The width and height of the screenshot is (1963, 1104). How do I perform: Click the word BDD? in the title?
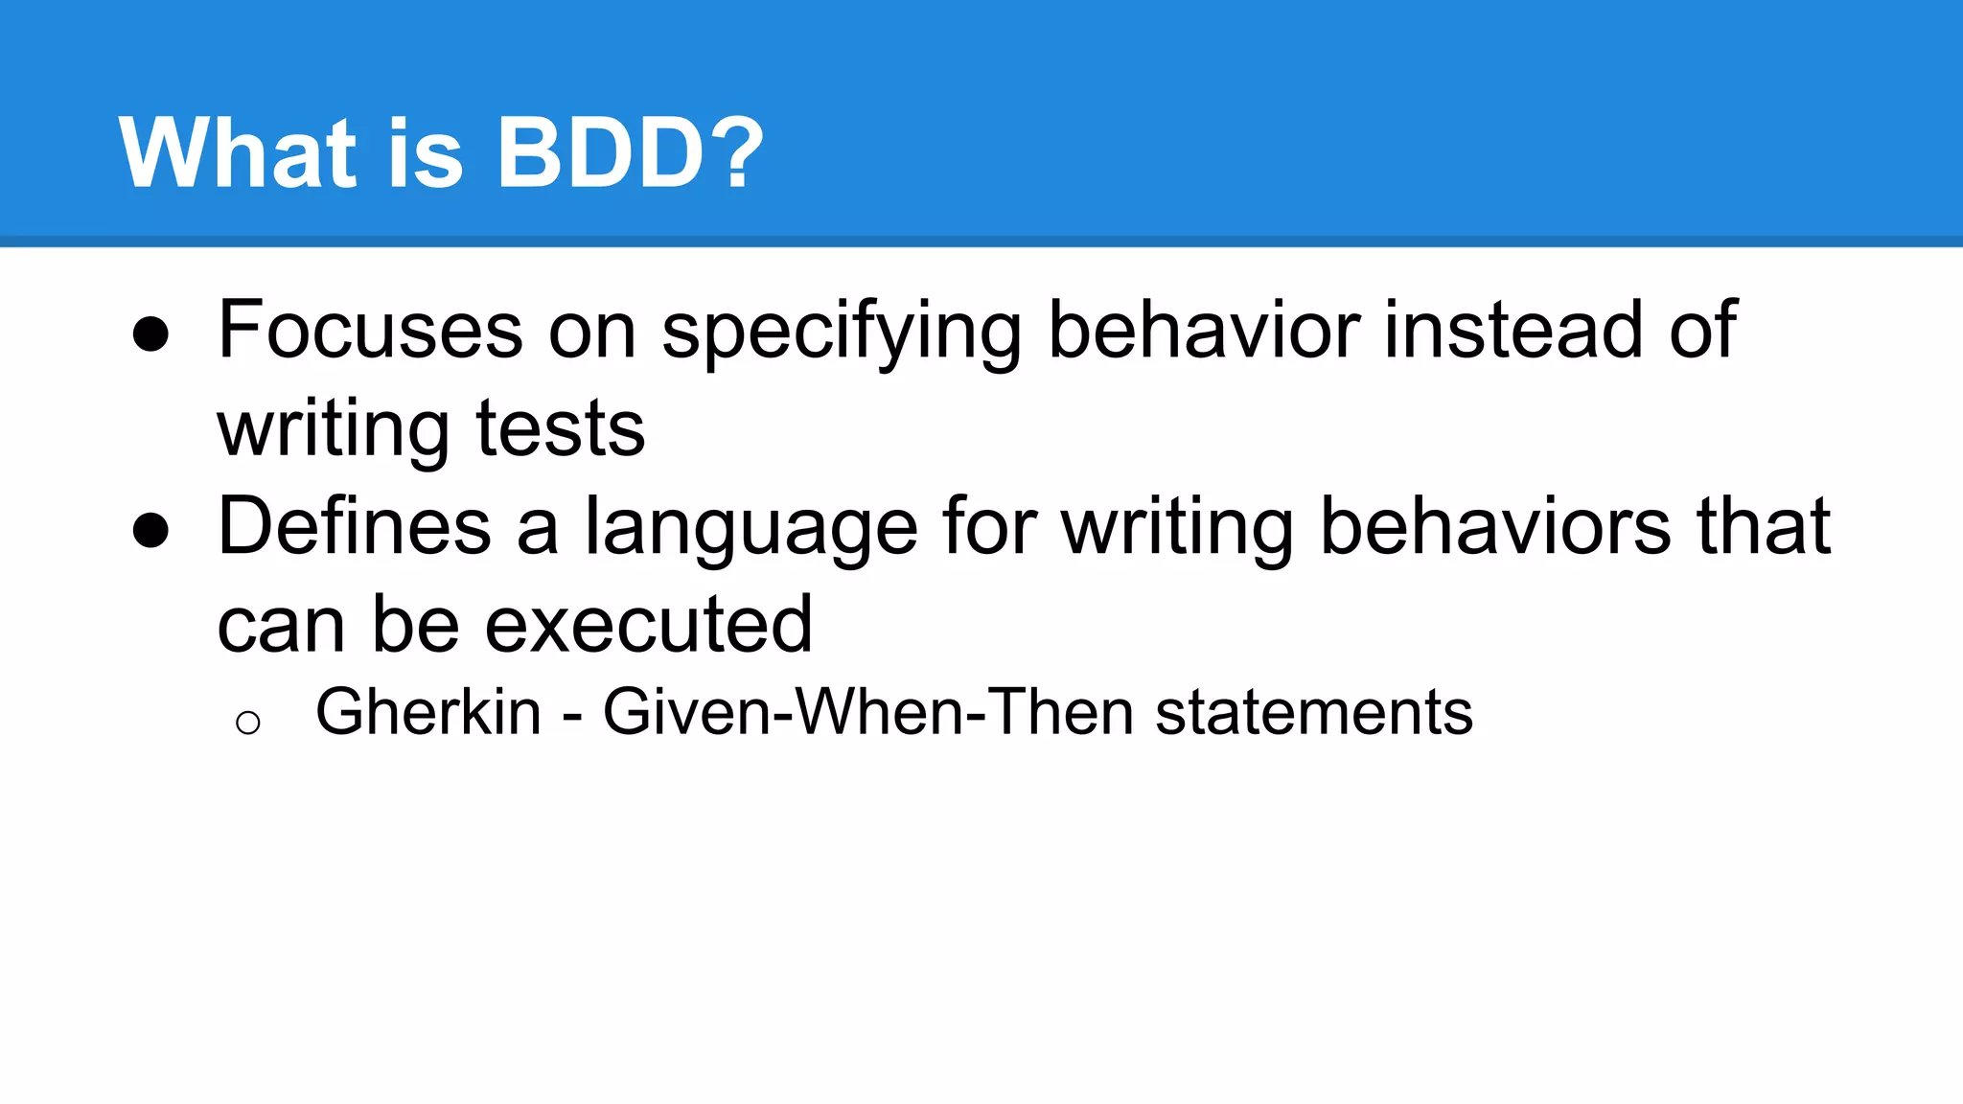tap(629, 153)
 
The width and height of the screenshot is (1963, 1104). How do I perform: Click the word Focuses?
tap(370, 331)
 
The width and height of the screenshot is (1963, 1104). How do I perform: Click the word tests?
tap(560, 428)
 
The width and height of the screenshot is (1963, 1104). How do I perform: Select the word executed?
tap(649, 625)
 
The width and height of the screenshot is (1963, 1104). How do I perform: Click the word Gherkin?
tap(428, 712)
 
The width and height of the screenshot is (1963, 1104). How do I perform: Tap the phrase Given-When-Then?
tap(867, 712)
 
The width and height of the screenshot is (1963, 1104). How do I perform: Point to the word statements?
tap(1313, 712)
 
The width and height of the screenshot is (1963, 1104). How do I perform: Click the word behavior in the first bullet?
tap(1204, 331)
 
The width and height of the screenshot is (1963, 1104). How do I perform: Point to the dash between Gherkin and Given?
tap(572, 716)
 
